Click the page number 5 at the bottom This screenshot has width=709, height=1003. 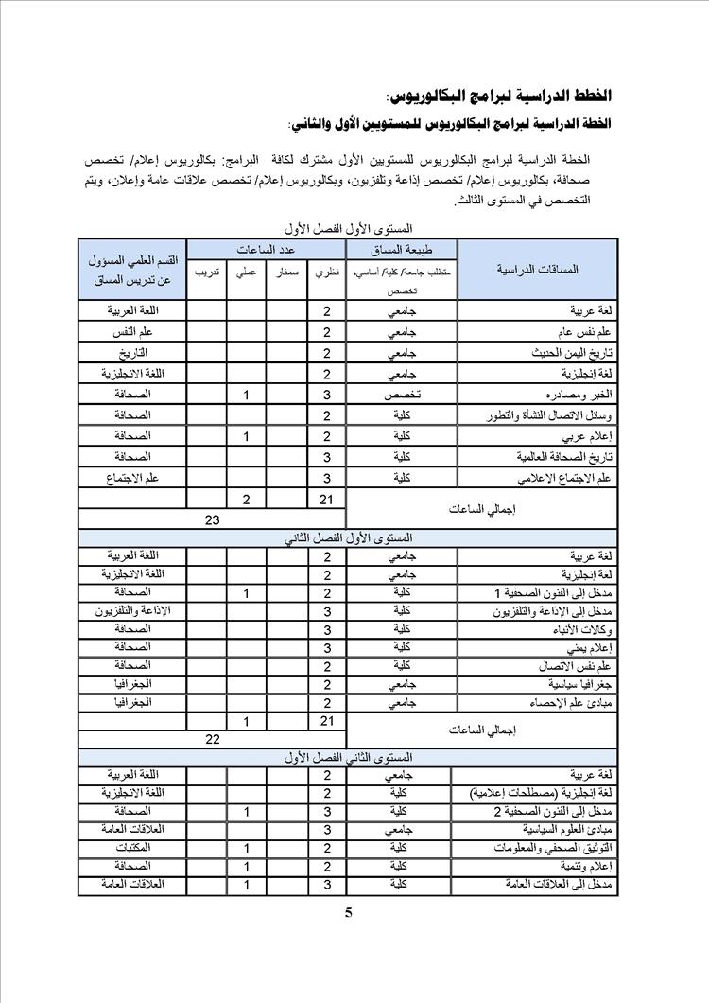(349, 913)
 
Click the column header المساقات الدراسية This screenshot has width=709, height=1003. (537, 269)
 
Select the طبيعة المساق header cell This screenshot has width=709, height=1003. (402, 250)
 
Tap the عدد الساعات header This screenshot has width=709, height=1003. (266, 249)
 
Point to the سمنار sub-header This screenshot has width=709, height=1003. (287, 273)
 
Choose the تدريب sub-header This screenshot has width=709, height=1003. (207, 273)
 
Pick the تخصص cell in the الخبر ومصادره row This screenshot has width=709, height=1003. (402, 395)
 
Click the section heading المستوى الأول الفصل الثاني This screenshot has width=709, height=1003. (349, 537)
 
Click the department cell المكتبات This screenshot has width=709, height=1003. (132, 848)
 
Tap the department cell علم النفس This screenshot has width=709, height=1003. (132, 332)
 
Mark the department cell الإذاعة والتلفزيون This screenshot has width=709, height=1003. (132, 611)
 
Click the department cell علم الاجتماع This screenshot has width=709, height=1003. (132, 478)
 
